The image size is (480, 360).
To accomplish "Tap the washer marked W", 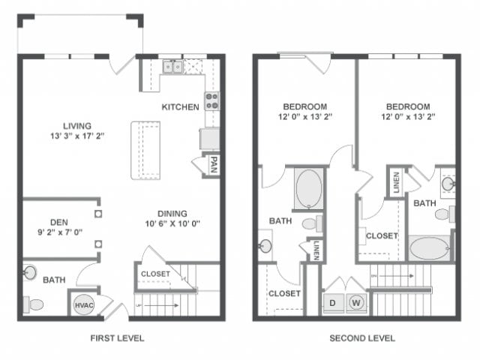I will point(357,303).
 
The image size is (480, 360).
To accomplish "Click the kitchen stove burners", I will point(211,100).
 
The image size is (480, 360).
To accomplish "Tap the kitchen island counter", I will point(147,150).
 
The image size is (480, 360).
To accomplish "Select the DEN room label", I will point(59,221).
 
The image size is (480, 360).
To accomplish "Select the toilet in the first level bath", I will point(34,304).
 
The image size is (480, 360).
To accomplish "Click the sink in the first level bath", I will point(31,271).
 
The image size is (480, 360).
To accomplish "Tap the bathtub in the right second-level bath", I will point(430,247).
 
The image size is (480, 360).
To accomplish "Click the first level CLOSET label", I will point(155,274).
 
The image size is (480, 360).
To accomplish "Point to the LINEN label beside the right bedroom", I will point(395,182).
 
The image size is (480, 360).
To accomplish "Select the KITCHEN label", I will point(180,107).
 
